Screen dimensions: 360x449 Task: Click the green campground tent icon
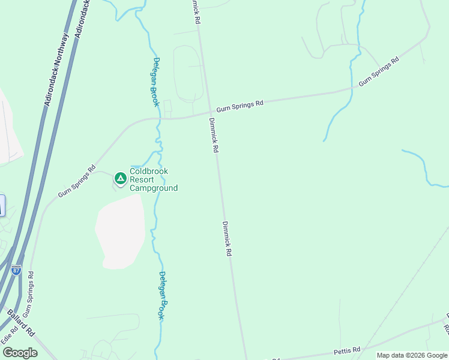tap(121, 178)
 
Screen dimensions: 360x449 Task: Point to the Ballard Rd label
tap(21, 323)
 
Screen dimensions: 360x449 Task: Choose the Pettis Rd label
tap(348, 350)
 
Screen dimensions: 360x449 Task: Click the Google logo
tap(20, 353)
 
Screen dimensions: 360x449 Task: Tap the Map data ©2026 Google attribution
tap(411, 355)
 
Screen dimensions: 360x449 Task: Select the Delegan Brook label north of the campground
tap(155, 82)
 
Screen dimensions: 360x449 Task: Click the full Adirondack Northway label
tap(56, 70)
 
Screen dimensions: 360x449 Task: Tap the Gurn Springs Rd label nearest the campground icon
tap(77, 181)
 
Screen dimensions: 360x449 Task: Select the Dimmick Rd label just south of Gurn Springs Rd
tap(213, 134)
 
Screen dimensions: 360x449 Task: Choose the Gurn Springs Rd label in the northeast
tap(379, 71)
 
